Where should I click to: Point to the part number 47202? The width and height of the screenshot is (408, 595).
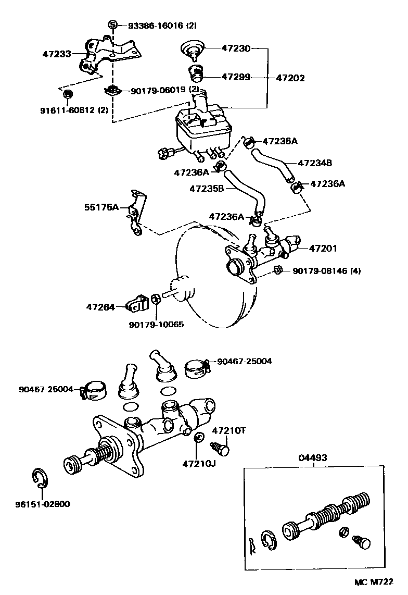[x=290, y=78]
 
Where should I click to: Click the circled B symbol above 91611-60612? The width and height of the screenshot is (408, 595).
[x=67, y=94]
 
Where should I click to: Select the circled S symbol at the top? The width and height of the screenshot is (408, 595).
[x=112, y=24]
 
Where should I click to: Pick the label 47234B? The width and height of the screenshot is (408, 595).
[x=314, y=163]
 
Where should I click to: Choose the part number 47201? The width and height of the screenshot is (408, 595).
[x=323, y=249]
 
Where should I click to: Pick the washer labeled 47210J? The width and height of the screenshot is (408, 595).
[x=198, y=438]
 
